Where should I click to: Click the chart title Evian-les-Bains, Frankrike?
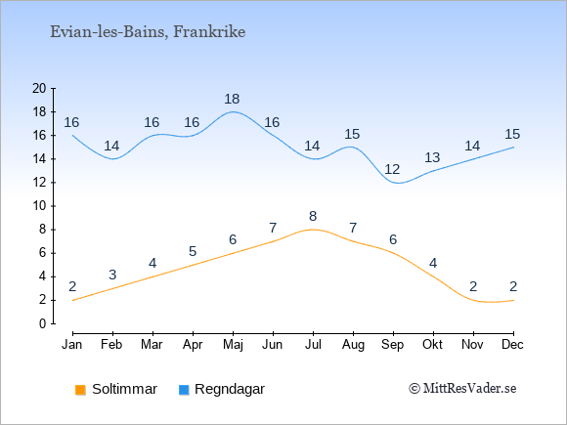[x=148, y=32]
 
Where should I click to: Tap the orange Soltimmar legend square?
[x=80, y=390]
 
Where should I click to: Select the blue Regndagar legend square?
[x=184, y=390]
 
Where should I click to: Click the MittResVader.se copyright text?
[x=462, y=389]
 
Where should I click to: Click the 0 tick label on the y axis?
[x=43, y=323]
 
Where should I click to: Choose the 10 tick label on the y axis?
[x=39, y=206]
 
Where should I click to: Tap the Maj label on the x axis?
[x=233, y=345]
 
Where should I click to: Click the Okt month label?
[x=432, y=345]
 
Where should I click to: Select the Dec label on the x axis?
[x=513, y=345]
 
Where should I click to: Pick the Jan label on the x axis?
[x=72, y=345]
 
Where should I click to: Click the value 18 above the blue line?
[x=232, y=99]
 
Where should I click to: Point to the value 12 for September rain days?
[x=392, y=169]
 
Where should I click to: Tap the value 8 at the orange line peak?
[x=313, y=217]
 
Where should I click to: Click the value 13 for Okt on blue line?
[x=432, y=157]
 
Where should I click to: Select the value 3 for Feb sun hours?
[x=112, y=275]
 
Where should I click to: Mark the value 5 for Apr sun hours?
[x=193, y=251]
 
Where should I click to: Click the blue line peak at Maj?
[x=233, y=111]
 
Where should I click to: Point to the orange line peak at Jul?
[x=313, y=230]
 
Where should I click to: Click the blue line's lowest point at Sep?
[x=398, y=183]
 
